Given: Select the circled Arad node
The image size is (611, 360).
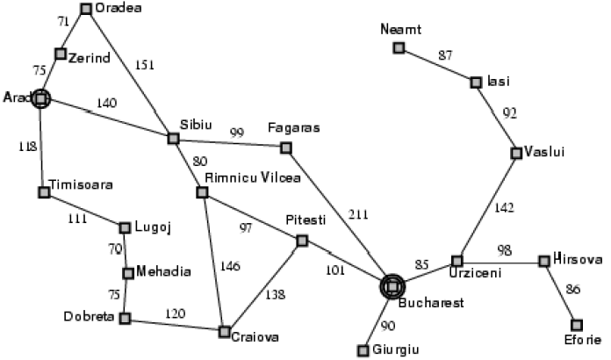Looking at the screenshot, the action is (40, 98).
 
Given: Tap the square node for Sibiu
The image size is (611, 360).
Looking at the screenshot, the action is (174, 138).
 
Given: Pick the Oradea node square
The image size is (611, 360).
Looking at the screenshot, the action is (86, 9).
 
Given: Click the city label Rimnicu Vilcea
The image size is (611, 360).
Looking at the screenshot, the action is (252, 177).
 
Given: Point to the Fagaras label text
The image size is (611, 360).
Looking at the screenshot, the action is (295, 128).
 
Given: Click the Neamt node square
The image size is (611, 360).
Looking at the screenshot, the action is (399, 47).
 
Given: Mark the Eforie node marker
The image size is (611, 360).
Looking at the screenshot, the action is (577, 325).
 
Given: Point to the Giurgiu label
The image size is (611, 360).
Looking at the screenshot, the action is (396, 349).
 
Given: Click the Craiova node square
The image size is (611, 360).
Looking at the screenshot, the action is (224, 332).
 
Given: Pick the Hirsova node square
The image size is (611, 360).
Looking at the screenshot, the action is (544, 261).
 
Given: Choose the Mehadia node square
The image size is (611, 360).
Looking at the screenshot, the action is (128, 272).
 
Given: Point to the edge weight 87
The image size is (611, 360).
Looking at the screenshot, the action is (446, 55).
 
